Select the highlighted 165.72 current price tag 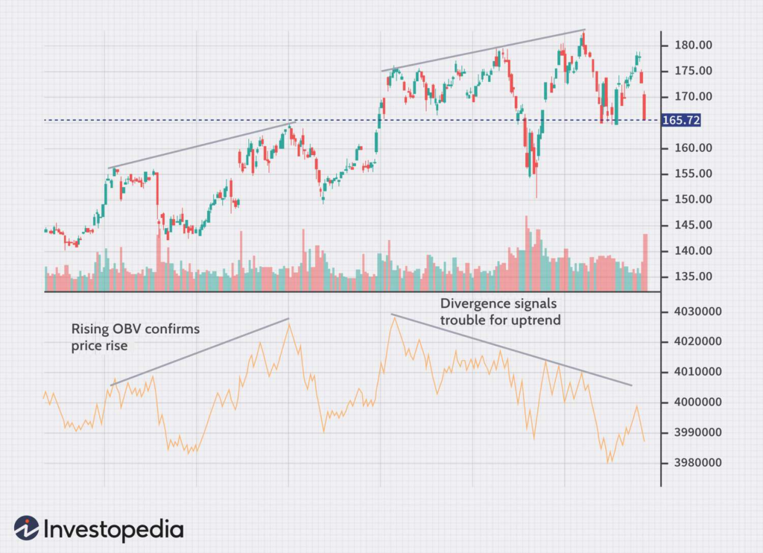pos(681,120)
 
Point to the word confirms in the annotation pos(175,329)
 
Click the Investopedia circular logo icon pos(26,528)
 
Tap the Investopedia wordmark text pos(113,529)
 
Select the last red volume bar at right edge pos(645,262)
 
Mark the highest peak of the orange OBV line pos(393,318)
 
